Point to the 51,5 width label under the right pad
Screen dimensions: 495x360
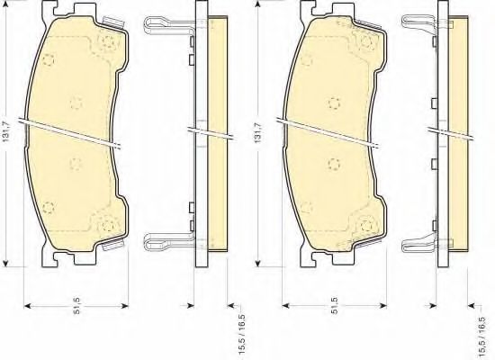click(336, 306)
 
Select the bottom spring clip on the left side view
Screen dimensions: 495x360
click(169, 241)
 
